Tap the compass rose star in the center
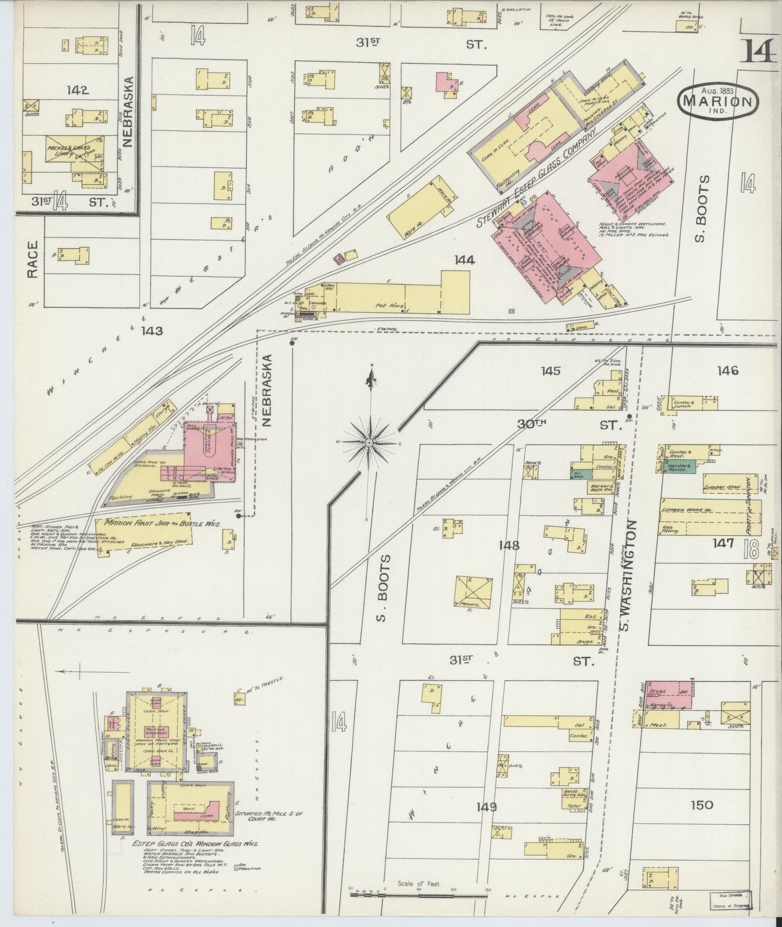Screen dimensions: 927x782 tap(369, 443)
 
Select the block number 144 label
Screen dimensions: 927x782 tap(464, 260)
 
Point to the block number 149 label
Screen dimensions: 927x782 tap(487, 807)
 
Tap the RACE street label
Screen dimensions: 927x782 tap(32, 259)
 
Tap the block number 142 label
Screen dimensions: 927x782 tap(77, 90)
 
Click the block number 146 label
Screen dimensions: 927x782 tap(727, 370)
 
